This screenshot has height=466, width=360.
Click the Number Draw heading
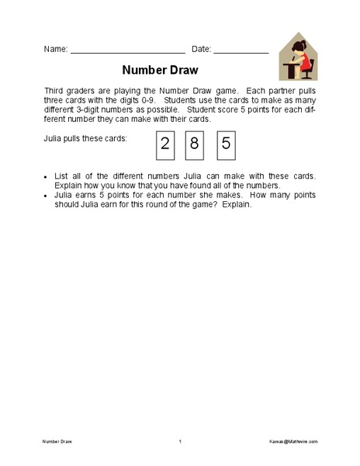point(160,69)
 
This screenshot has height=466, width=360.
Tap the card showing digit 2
point(164,143)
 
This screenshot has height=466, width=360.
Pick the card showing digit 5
point(226,143)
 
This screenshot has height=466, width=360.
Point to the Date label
point(200,49)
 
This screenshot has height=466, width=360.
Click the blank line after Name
point(127,51)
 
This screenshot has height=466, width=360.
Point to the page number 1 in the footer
point(179,441)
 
